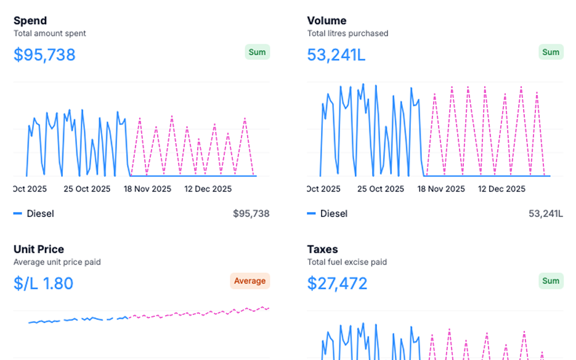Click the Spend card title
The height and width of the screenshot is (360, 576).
(30, 20)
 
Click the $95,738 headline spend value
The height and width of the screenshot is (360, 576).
(44, 55)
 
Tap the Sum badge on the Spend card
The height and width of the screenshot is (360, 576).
(257, 52)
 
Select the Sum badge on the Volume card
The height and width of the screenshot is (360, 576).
(551, 52)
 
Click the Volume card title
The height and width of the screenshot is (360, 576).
(327, 20)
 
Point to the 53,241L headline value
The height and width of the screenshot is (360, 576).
(336, 55)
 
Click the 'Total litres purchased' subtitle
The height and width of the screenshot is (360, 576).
(347, 33)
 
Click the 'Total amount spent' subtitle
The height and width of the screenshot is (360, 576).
(50, 33)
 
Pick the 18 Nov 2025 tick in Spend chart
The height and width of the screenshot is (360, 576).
(148, 189)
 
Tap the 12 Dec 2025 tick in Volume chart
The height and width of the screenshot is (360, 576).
(502, 189)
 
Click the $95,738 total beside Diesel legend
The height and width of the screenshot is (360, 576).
(251, 213)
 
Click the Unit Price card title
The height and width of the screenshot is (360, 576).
(39, 249)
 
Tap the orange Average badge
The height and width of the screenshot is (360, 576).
(249, 281)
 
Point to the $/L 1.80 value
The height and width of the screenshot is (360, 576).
(43, 284)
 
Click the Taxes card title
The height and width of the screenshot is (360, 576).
(322, 249)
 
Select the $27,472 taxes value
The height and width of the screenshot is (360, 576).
(337, 284)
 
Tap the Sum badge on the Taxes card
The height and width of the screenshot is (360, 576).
(551, 281)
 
